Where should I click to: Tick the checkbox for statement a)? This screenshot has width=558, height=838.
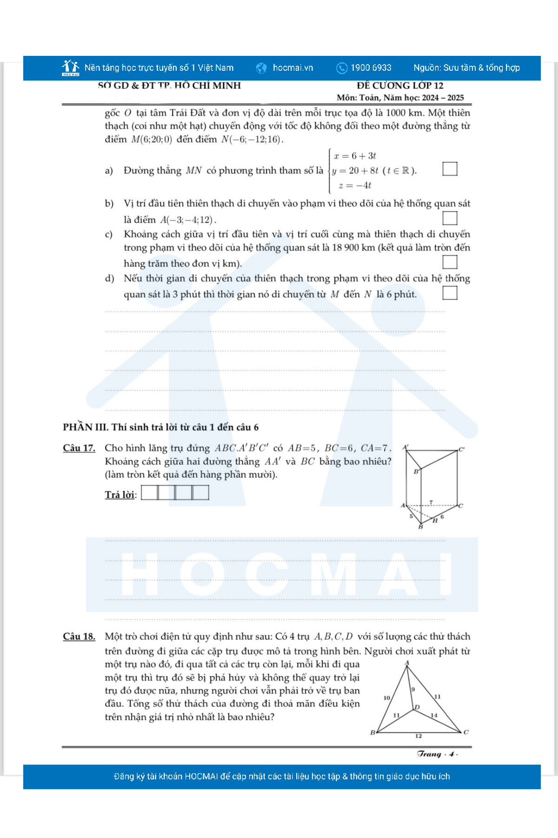pos(450,169)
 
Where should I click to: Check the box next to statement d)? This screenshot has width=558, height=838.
pos(450,293)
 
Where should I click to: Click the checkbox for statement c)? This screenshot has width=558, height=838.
pos(450,262)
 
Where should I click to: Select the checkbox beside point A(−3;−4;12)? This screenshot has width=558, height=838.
pos(450,218)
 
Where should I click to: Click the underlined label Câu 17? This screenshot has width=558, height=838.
pos(79,448)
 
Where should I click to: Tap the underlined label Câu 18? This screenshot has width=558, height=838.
pos(79,636)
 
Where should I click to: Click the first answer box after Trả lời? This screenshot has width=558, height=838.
pos(149,493)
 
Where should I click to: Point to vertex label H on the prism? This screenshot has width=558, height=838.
pos(435,520)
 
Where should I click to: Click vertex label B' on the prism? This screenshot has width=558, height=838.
pos(417,472)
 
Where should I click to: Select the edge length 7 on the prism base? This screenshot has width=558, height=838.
pos(431,502)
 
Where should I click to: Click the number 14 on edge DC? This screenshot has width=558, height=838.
pos(434,715)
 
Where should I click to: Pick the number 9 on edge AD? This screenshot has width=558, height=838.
pos(413,689)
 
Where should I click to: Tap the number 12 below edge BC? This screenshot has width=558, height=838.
pos(418,736)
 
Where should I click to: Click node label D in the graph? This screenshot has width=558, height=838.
pos(417,707)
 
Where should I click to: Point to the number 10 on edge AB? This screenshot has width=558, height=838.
pos(386,698)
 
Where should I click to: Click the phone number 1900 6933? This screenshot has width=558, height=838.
pos(371,68)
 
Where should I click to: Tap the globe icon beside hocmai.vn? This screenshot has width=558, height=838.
pos(261,68)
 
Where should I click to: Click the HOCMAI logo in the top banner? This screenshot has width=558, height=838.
pos(71,68)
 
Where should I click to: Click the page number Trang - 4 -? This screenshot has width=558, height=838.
pos(437,754)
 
